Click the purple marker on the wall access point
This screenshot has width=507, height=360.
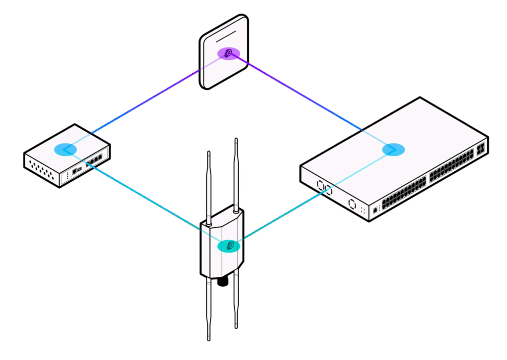[x=228, y=53]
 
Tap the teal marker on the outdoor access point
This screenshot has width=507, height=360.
[x=229, y=245]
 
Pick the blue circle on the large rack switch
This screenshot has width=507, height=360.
[x=394, y=149]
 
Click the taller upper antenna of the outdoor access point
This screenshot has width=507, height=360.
[x=236, y=173]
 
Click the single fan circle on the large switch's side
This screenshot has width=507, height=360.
[x=353, y=204]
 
